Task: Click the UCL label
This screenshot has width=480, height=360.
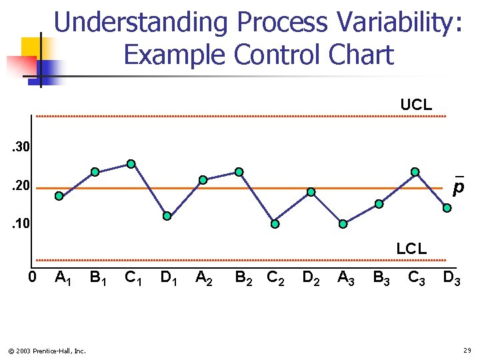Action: [416, 105]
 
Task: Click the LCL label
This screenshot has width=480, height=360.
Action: [411, 249]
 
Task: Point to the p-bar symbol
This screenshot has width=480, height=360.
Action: [458, 187]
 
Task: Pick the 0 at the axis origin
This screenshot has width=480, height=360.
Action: [32, 277]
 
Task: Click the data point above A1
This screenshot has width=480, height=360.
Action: [59, 196]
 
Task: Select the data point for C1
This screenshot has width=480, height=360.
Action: [131, 164]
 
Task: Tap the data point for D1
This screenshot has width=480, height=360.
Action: [167, 216]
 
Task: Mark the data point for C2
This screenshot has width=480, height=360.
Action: [275, 224]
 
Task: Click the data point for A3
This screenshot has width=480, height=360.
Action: [343, 224]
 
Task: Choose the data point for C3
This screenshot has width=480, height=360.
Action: [415, 172]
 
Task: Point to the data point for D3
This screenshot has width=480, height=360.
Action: [447, 208]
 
